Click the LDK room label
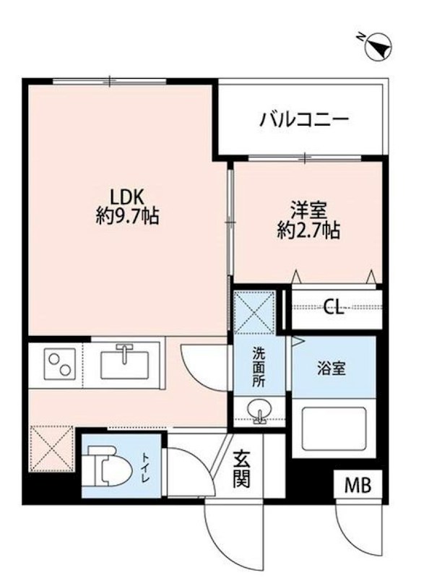129,195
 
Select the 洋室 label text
308,211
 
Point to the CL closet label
333,308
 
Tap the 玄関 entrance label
242,468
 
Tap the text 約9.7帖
129,215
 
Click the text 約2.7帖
308,231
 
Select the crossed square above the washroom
255,312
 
